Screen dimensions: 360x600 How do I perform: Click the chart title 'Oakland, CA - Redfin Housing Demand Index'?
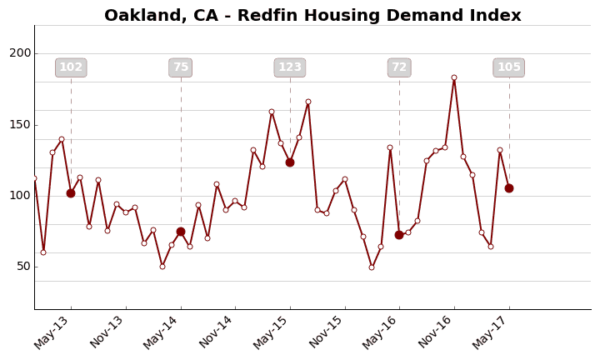pos(312,16)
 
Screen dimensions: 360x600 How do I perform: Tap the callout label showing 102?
pos(71,67)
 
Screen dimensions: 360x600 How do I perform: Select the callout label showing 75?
pos(181,67)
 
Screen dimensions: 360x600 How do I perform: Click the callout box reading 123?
pos(290,67)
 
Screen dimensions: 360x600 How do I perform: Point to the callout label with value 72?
pos(399,67)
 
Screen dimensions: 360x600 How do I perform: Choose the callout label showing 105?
pos(509,67)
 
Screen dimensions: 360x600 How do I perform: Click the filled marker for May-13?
pos(71,193)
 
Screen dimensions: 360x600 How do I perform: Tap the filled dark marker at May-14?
pos(181,232)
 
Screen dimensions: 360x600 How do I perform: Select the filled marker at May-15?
pos(290,162)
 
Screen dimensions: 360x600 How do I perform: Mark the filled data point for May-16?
pos(399,235)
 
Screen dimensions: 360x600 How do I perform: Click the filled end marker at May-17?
pos(509,188)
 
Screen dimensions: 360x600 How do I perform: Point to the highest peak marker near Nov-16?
pos(454,77)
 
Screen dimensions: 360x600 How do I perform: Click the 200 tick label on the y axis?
pos(20,53)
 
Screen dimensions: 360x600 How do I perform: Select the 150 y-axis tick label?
pos(20,125)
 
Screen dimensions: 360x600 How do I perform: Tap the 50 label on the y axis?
pos(23,267)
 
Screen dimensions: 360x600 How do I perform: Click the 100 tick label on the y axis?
pos(20,196)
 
